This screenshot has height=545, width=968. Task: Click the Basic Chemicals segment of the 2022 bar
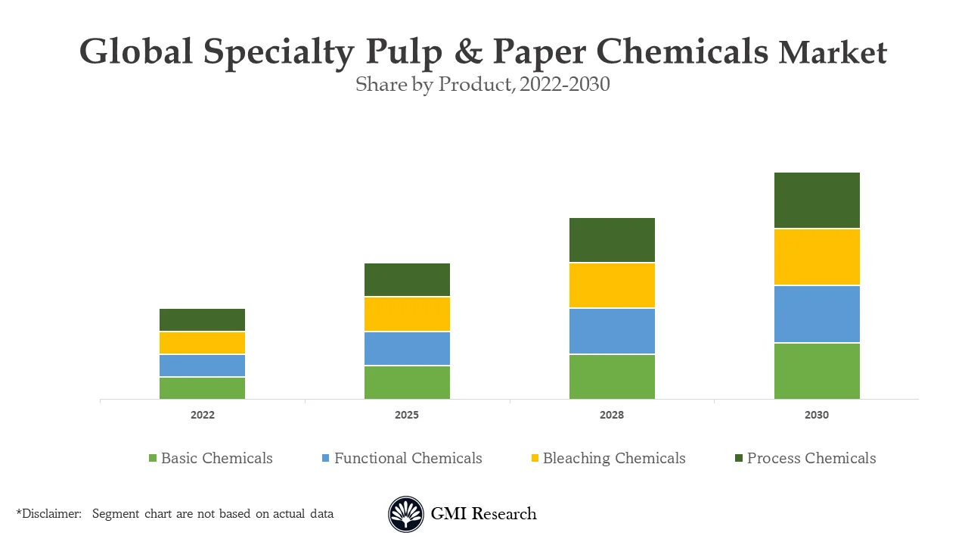(202, 388)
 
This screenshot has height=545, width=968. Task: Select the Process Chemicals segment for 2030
(817, 201)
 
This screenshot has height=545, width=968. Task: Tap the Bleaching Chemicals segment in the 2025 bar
(407, 314)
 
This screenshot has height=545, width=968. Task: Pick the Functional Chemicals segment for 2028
(612, 331)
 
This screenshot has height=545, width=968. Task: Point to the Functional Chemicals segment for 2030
(817, 314)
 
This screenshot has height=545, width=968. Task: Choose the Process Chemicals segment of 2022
(202, 319)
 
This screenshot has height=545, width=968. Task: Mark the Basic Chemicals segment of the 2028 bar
(612, 376)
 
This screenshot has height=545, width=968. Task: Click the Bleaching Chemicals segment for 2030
(817, 257)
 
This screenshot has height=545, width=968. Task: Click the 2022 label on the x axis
(202, 415)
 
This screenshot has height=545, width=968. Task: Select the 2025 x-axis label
(407, 415)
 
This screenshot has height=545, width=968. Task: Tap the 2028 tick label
(612, 415)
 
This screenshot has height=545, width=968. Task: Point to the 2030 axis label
(817, 415)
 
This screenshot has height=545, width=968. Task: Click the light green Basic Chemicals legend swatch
(153, 458)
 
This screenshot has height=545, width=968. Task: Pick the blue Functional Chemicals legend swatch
(326, 458)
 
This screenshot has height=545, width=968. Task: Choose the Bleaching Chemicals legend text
(614, 458)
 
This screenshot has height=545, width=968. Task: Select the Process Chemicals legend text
(811, 458)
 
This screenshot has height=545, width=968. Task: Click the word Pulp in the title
(403, 53)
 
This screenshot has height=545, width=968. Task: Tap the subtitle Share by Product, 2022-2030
(482, 85)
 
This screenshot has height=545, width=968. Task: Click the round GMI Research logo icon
(406, 515)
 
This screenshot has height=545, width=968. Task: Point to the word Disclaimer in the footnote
(51, 514)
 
